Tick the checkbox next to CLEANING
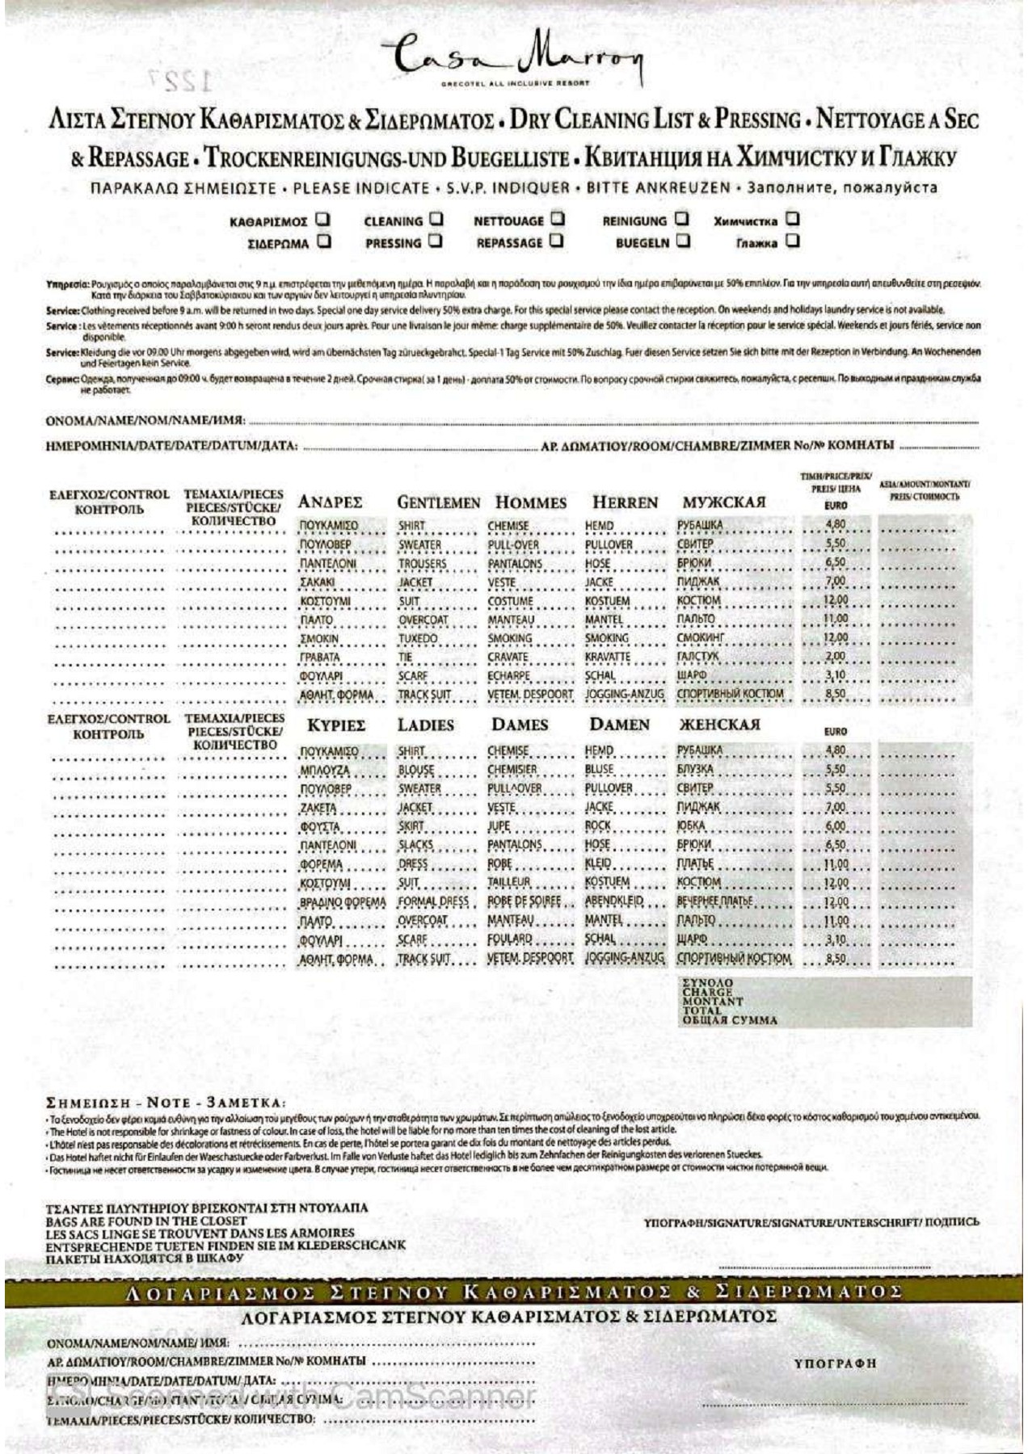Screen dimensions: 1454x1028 pyautogui.click(x=436, y=219)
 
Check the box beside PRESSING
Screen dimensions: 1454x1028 pyautogui.click(x=436, y=241)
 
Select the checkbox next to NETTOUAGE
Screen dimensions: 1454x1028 pyautogui.click(x=558, y=219)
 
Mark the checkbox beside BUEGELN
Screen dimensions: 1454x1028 pyautogui.click(x=684, y=241)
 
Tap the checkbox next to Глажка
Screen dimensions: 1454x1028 pyautogui.click(x=793, y=241)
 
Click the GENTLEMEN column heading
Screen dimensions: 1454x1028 pyautogui.click(x=438, y=502)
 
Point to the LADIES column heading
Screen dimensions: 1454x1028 pyautogui.click(x=425, y=725)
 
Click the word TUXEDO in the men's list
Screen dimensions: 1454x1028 pyautogui.click(x=418, y=639)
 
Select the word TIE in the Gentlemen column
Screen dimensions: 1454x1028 pyautogui.click(x=405, y=658)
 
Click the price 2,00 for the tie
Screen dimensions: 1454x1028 pyautogui.click(x=836, y=657)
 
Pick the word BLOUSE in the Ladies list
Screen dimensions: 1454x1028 pyautogui.click(x=416, y=771)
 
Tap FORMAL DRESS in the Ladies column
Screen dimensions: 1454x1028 pyautogui.click(x=433, y=902)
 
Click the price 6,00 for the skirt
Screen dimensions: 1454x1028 pyautogui.click(x=836, y=826)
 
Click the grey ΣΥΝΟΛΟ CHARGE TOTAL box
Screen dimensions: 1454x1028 pyautogui.click(x=824, y=1002)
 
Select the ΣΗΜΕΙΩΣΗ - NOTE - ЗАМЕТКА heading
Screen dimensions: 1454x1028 pyautogui.click(x=166, y=1103)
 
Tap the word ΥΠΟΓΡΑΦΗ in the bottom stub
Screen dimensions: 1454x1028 pyautogui.click(x=835, y=1364)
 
